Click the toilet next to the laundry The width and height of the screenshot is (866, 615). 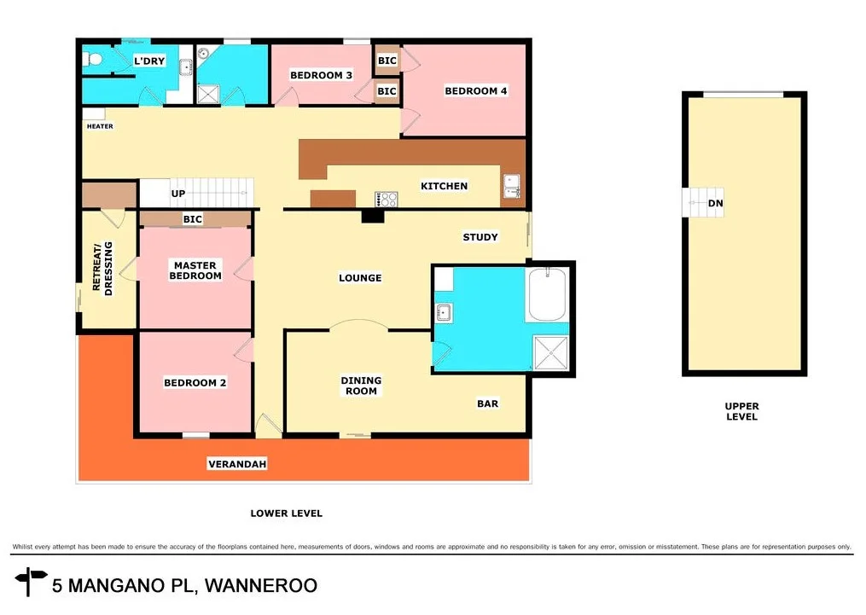tap(94, 60)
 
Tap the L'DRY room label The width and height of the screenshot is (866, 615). tap(149, 61)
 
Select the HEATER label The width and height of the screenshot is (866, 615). tap(100, 126)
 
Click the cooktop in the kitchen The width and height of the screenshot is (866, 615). tap(387, 200)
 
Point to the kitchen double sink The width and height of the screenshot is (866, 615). tap(512, 185)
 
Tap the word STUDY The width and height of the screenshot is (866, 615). tap(480, 237)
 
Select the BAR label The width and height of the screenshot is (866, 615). tap(487, 403)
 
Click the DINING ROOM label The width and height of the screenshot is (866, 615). tap(361, 386)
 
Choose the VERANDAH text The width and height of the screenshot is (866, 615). tap(237, 464)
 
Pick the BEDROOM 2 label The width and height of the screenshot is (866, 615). tap(195, 383)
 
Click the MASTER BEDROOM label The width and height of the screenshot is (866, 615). tap(195, 270)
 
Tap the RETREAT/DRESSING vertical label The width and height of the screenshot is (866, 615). tap(102, 269)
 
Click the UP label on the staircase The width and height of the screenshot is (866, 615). tap(177, 194)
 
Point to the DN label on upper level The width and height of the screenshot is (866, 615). tap(715, 204)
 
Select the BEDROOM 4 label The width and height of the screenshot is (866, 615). tap(475, 91)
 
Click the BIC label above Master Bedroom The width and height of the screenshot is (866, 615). tap(192, 220)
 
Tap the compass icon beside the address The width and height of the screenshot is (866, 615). tap(32, 582)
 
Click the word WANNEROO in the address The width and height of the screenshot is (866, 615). tap(257, 586)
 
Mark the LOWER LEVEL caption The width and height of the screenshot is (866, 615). tap(286, 513)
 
